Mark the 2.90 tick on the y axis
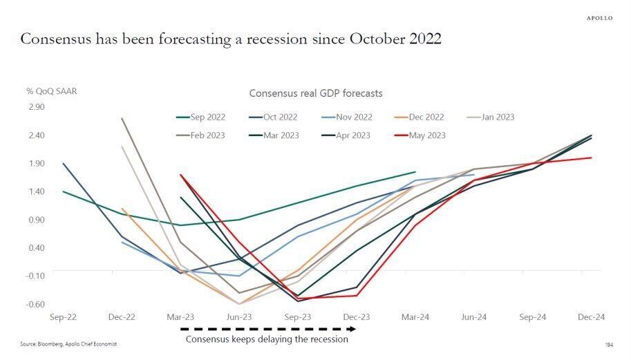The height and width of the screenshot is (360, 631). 36,107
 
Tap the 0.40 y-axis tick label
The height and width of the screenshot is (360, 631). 36,247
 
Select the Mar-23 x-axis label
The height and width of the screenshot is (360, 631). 180,317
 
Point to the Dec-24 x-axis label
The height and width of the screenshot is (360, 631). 592,317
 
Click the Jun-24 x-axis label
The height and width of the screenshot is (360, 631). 474,317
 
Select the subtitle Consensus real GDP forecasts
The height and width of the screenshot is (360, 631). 315,93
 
